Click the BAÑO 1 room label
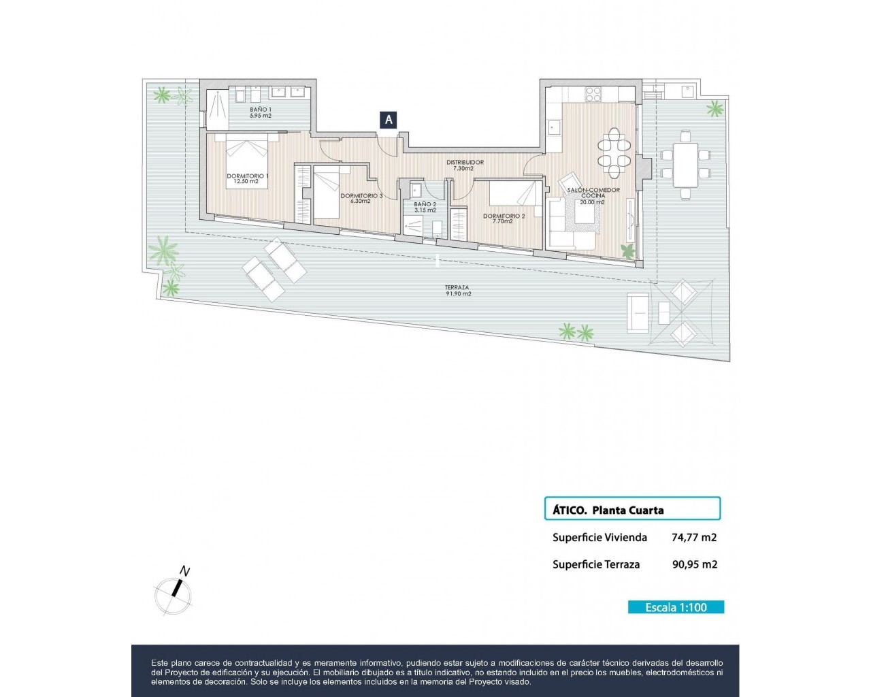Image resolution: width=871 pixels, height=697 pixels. (260, 110)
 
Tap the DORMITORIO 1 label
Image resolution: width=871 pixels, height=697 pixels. (247, 176)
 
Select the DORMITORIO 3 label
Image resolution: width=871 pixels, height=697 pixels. (361, 195)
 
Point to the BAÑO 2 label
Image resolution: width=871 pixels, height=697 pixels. (425, 204)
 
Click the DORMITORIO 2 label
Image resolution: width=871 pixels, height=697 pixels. (504, 216)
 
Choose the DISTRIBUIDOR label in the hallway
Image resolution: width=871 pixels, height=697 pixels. (465, 163)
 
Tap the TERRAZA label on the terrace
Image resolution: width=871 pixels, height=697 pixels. (457, 287)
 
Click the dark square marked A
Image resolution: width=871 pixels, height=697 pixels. (388, 120)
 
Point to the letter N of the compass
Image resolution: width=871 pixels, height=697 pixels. (184, 572)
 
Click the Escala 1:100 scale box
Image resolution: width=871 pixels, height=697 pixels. (676, 607)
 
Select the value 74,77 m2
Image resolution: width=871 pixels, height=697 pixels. (693, 538)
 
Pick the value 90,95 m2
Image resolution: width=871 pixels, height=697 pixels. (695, 564)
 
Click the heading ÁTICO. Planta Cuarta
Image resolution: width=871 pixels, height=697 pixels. (608, 510)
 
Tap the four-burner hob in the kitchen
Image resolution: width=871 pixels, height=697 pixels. (593, 95)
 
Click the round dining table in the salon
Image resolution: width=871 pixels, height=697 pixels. (614, 153)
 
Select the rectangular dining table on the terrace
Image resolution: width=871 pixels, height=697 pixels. (685, 165)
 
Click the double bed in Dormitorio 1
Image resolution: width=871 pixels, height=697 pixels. (247, 161)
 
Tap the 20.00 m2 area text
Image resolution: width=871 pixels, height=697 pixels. (592, 202)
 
